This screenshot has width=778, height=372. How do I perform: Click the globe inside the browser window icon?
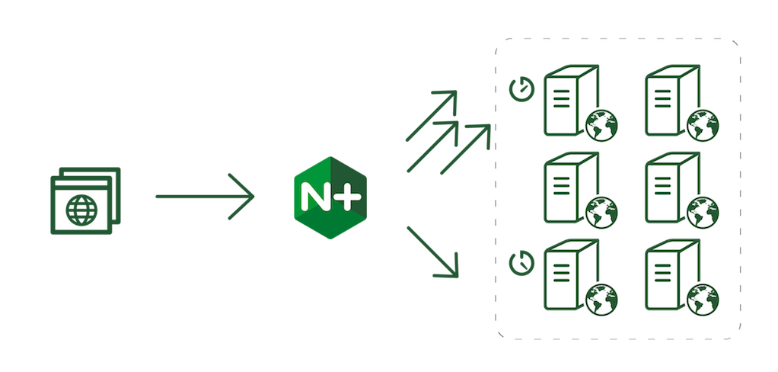click(82, 210)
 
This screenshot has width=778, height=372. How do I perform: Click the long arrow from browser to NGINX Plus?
click(205, 197)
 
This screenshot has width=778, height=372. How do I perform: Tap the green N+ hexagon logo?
click(330, 197)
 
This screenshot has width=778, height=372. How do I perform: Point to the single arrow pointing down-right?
click(432, 252)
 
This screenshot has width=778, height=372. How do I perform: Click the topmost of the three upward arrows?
click(431, 116)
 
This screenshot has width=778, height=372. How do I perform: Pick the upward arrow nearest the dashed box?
click(465, 149)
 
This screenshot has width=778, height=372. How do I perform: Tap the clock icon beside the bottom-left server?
click(522, 262)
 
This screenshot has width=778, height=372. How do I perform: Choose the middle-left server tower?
click(571, 188)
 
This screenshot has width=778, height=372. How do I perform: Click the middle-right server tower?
click(672, 188)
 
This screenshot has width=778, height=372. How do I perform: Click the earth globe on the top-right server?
click(703, 126)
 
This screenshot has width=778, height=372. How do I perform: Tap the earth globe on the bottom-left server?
click(602, 300)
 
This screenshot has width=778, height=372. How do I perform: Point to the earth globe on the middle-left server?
click(602, 213)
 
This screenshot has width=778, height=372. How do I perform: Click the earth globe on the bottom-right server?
click(703, 300)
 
